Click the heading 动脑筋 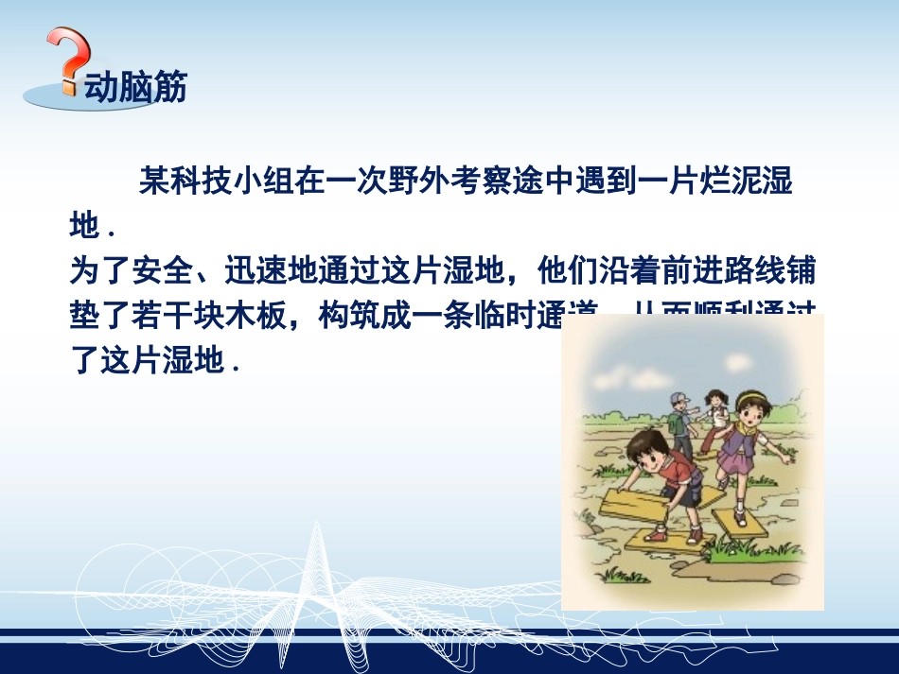[135, 87]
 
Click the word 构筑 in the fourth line [349, 317]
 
